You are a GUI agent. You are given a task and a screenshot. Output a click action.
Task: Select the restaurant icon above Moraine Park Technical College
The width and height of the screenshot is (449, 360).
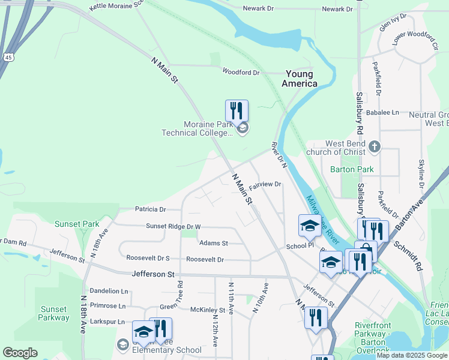click(x=237, y=110)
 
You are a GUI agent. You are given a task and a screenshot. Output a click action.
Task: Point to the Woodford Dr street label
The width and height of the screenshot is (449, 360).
click(x=241, y=72)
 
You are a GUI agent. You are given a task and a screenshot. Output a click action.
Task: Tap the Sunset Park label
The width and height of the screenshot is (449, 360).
click(x=77, y=224)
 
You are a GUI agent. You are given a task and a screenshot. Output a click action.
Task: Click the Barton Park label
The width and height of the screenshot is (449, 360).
click(x=352, y=169)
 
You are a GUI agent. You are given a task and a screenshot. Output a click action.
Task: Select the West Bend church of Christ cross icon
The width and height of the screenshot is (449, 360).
click(x=375, y=146)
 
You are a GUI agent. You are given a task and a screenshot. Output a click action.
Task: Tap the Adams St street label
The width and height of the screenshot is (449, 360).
click(x=214, y=243)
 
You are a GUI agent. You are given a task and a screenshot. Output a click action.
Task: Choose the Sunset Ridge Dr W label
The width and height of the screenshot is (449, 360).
click(x=173, y=226)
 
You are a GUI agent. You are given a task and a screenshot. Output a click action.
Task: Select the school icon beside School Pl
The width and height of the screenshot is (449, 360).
click(x=309, y=226)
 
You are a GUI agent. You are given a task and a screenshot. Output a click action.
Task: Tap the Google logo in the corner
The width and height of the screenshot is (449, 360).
click(x=20, y=353)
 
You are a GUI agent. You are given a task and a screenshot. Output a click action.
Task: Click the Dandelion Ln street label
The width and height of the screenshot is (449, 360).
click(x=109, y=290)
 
